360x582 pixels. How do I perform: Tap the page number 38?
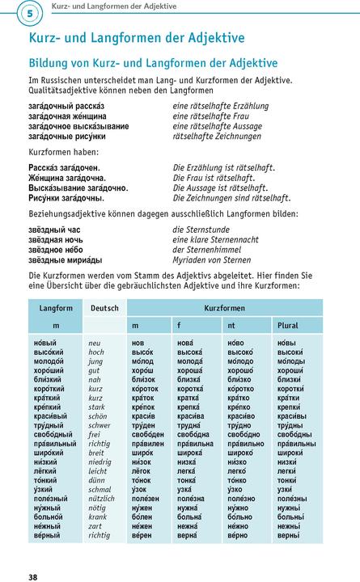[x=32, y=576]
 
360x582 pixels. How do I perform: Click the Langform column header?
[x=56, y=308]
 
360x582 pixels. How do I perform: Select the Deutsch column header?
[x=104, y=308]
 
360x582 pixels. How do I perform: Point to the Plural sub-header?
[x=288, y=324]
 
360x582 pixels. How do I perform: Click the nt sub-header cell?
[x=231, y=324]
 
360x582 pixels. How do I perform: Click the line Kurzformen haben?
[x=64, y=151]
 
